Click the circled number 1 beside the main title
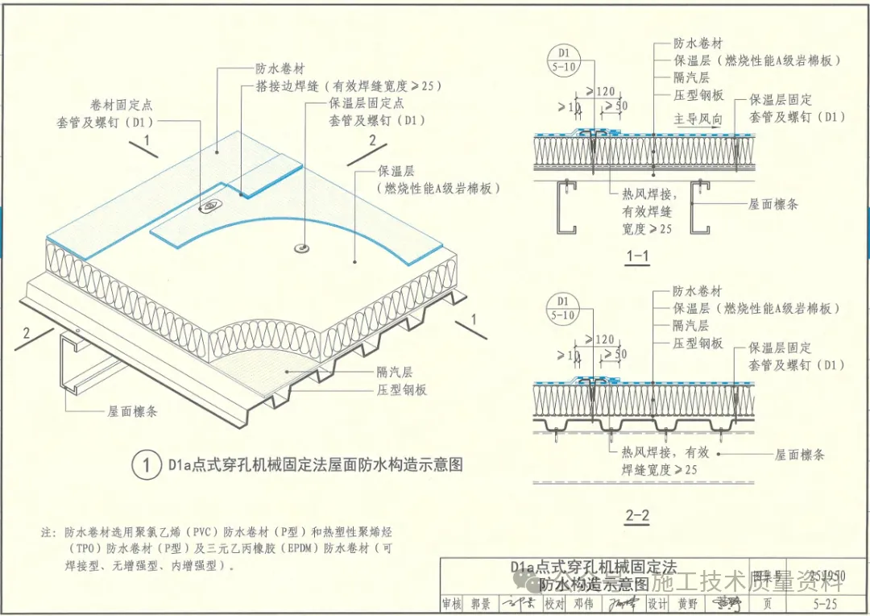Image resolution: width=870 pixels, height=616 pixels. pyautogui.click(x=146, y=465)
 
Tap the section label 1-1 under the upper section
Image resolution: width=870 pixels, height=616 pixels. pyautogui.click(x=636, y=257)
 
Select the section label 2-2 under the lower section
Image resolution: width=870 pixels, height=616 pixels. pyautogui.click(x=636, y=515)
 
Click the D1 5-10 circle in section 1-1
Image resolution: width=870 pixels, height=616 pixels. pyautogui.click(x=561, y=60)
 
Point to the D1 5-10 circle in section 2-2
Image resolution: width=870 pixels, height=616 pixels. pyautogui.click(x=561, y=309)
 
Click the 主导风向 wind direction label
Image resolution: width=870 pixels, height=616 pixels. pyautogui.click(x=698, y=119)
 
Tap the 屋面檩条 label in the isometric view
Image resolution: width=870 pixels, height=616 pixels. pyautogui.click(x=133, y=411)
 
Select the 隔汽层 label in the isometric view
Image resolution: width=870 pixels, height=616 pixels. pyautogui.click(x=395, y=372)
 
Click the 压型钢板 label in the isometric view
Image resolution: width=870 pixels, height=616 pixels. pyautogui.click(x=402, y=390)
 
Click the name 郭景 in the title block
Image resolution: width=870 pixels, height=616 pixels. pyautogui.click(x=481, y=604)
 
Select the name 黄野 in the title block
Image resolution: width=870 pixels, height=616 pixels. pyautogui.click(x=686, y=604)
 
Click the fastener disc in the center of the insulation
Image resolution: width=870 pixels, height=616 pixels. pyautogui.click(x=304, y=247)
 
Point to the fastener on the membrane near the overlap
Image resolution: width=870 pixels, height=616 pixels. pyautogui.click(x=208, y=206)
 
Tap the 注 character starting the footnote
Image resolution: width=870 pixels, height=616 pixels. pyautogui.click(x=46, y=533)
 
